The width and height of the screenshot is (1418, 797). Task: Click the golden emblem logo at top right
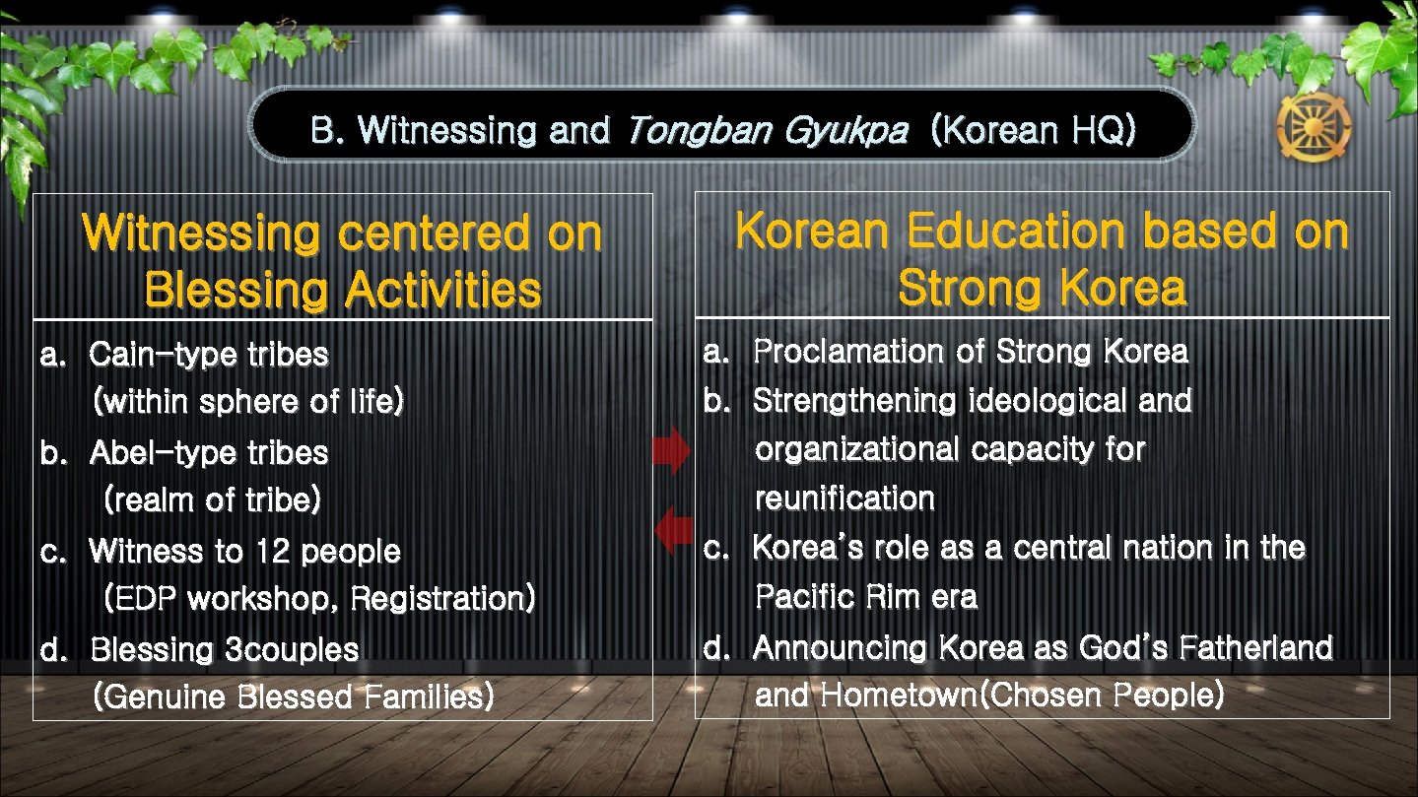(x=1314, y=127)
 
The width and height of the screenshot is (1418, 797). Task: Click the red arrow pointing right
(x=673, y=451)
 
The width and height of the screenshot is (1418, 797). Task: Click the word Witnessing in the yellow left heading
(x=202, y=234)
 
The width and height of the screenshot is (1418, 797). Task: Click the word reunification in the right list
(x=844, y=498)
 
